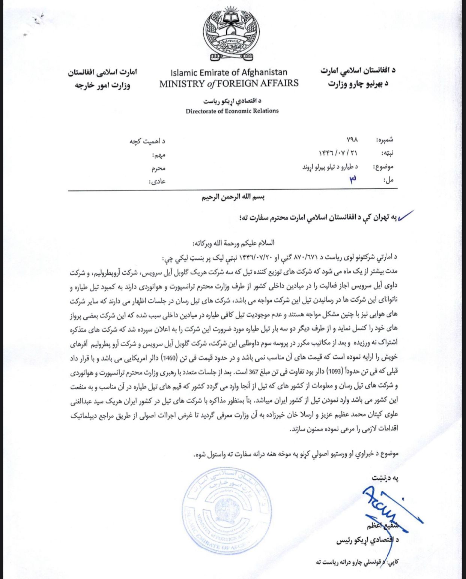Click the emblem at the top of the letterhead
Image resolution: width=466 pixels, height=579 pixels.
(230, 33)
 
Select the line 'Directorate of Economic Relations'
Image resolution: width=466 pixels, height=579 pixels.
(232, 111)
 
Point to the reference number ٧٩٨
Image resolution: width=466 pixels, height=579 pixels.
(352, 139)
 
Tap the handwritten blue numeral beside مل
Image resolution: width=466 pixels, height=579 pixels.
(352, 180)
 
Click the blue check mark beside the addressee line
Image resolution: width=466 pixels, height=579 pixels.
(406, 216)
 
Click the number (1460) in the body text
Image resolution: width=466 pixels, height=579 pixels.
(168, 357)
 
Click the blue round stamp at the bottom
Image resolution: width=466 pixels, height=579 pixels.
(227, 516)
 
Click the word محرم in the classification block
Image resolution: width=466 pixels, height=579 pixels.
(158, 168)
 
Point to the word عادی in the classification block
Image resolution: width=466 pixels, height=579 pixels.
(158, 182)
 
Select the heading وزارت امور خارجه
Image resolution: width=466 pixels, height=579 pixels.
(102, 85)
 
